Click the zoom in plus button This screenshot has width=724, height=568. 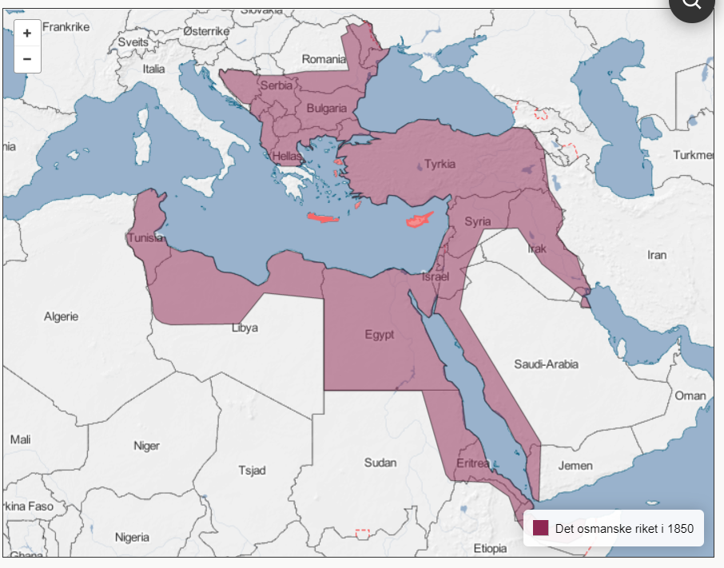coord(27,34)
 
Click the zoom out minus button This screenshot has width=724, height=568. coord(27,59)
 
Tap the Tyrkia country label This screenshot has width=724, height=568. coord(440,165)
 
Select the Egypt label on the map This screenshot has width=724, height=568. coord(380,335)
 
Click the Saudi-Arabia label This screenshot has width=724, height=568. coord(546,364)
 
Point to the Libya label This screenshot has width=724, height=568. coord(245,328)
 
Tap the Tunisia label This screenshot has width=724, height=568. coord(145,238)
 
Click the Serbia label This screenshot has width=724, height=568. coord(276,85)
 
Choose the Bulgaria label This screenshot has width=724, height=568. coord(326,108)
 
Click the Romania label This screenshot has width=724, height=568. coord(324,59)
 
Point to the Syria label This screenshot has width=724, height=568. coord(478,221)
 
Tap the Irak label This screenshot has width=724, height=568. coord(537,249)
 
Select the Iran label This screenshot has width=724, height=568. coord(656,255)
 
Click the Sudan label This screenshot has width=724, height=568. coord(380,463)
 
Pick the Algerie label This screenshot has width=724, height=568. coord(62,316)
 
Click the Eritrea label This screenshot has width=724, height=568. coord(472,463)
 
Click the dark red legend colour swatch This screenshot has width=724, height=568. coord(541,528)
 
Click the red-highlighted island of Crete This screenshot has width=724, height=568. coord(324,217)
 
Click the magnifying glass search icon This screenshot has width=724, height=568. coord(692,4)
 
